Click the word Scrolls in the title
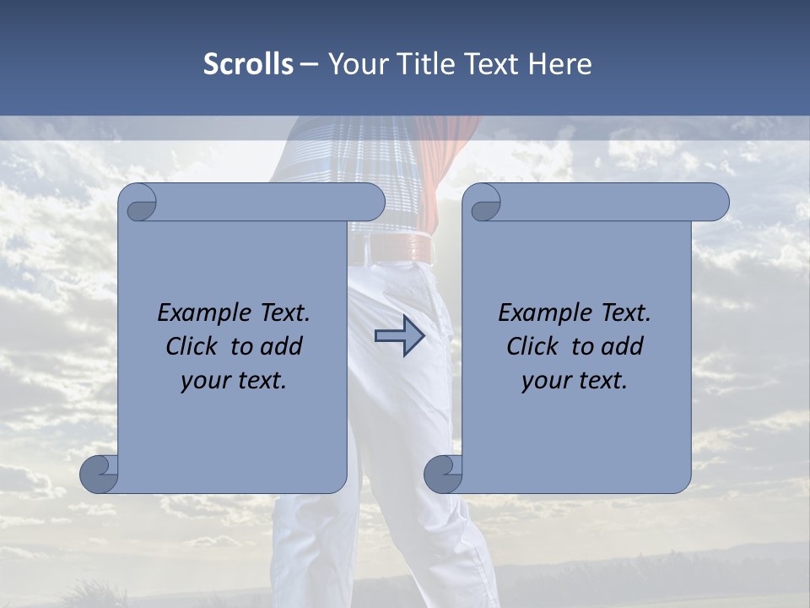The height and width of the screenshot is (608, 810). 248,64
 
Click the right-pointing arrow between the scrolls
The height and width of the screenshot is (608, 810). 399,337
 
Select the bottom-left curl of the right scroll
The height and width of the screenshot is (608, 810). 444,474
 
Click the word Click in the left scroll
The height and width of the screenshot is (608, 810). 192,346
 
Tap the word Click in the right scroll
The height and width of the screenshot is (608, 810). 532,346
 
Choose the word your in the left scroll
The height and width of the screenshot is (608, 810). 203,381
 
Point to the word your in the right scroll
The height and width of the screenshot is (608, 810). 544,381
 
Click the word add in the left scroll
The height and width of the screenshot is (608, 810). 283,346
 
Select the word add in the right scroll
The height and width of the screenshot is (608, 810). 624,346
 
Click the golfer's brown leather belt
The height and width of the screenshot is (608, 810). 400,248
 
